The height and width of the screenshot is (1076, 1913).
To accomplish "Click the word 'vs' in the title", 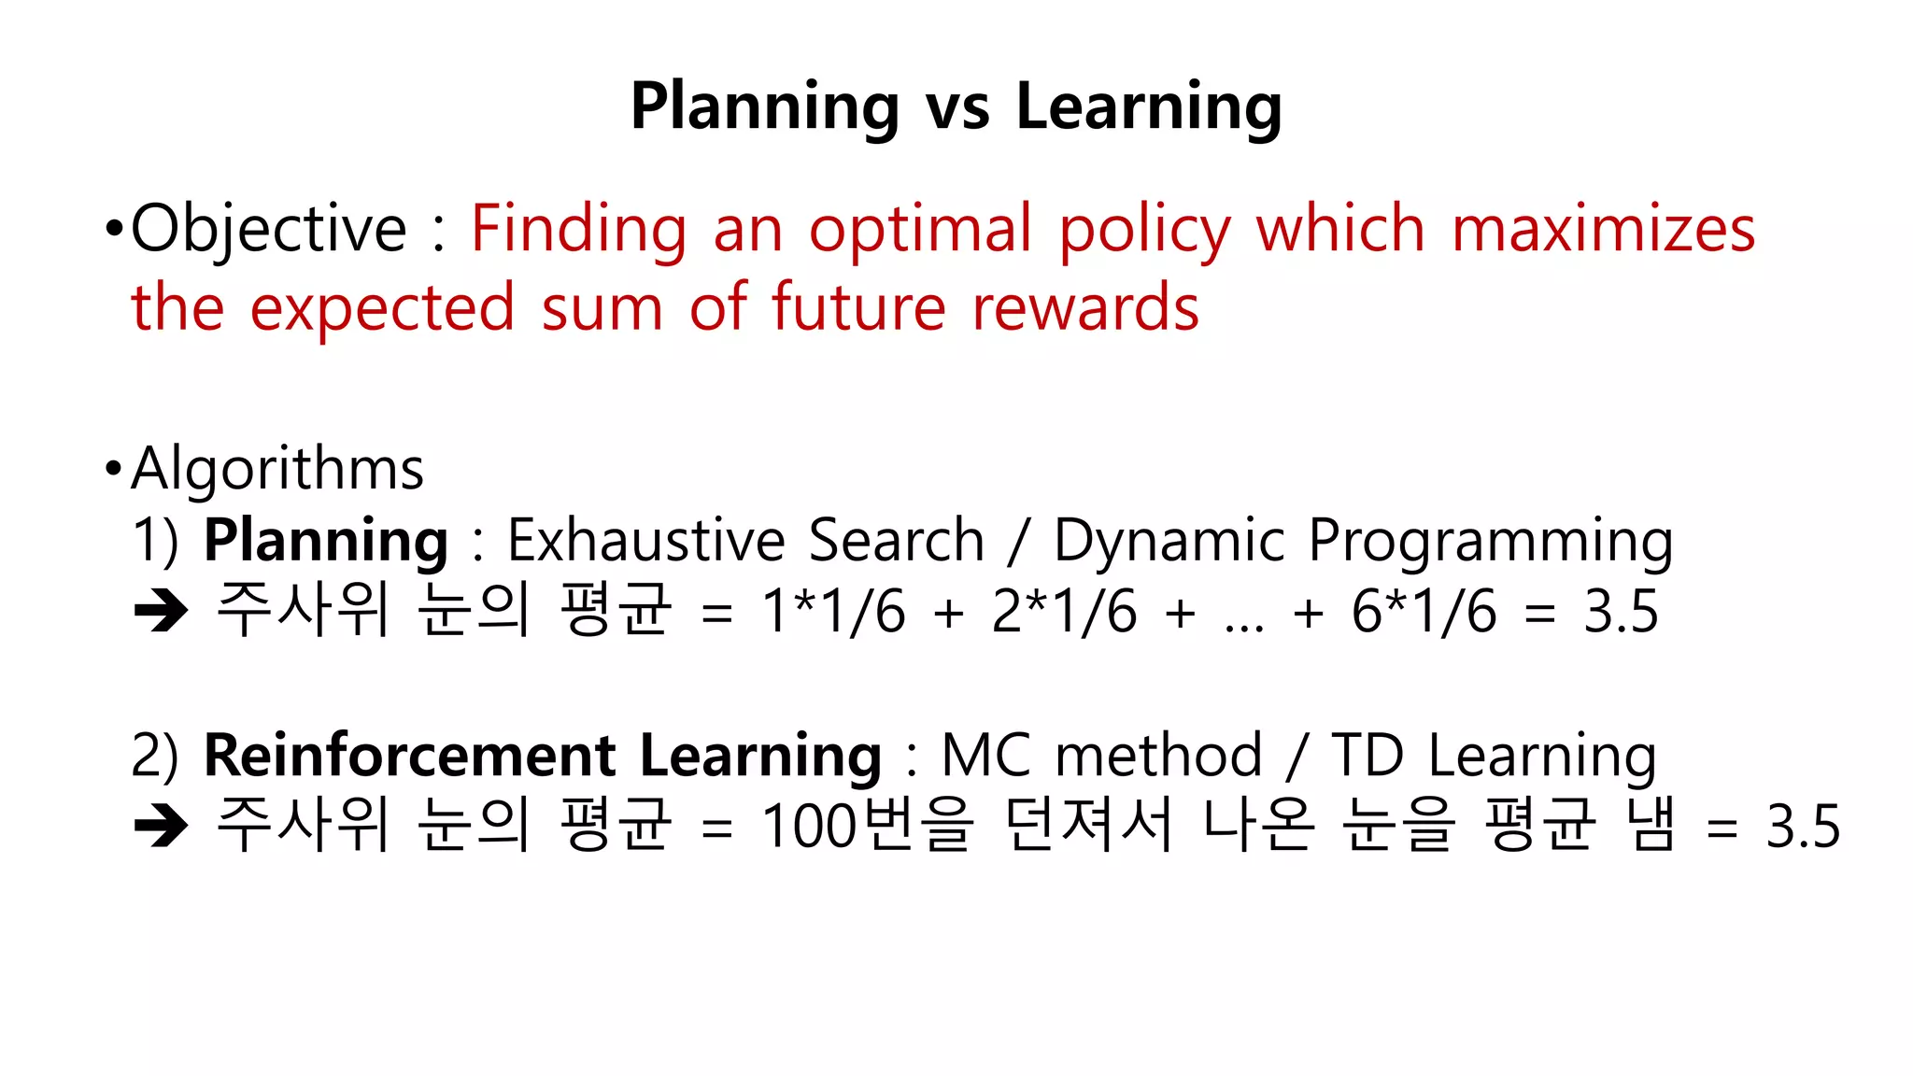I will click(956, 107).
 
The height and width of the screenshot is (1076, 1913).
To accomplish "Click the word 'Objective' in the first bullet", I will click(269, 230).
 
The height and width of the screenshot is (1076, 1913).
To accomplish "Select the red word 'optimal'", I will click(920, 230).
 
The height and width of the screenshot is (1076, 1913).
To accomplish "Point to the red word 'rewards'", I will click(1085, 308).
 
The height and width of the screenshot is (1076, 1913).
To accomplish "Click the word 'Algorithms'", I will click(277, 468).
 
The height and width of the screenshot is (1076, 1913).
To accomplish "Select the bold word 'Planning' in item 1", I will click(326, 541).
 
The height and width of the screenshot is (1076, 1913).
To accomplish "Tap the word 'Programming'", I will click(1491, 541).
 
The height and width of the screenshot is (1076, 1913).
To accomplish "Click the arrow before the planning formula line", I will click(162, 613).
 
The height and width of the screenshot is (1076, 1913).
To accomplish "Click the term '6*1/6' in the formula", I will click(1424, 613).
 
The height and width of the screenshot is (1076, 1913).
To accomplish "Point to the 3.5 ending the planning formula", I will click(1621, 613).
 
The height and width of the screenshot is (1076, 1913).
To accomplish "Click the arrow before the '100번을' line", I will click(162, 827).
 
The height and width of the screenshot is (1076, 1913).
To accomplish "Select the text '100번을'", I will click(868, 826).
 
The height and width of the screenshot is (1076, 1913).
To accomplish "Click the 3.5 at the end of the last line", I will click(1803, 827).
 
